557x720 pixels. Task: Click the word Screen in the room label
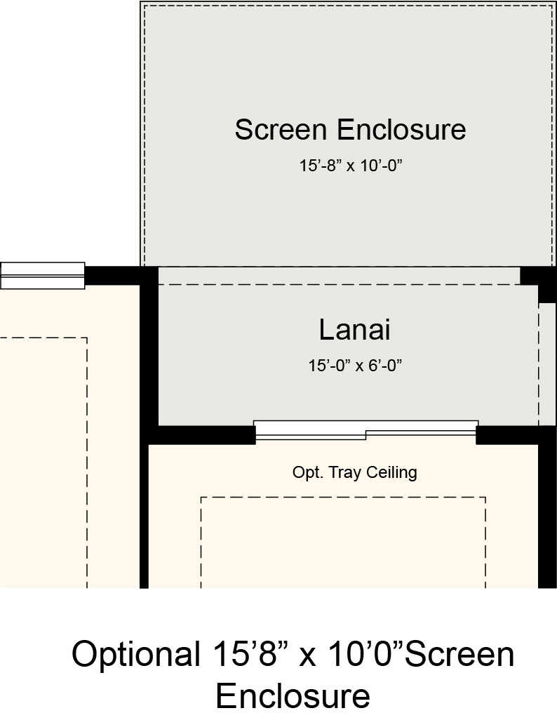pos(281,130)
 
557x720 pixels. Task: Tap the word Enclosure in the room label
pos(402,130)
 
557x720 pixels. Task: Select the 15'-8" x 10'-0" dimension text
pos(351,166)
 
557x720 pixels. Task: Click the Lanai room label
pos(354,330)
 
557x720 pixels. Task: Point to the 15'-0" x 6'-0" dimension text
pos(355,366)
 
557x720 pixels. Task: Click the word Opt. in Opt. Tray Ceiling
pos(308,472)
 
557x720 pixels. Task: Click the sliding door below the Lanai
pos(366,430)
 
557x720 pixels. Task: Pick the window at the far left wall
pos(42,276)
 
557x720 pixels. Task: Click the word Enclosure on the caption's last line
pos(293,695)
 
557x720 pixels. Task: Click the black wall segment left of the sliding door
pos(202,435)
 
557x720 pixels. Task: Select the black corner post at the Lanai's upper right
pos(538,280)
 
